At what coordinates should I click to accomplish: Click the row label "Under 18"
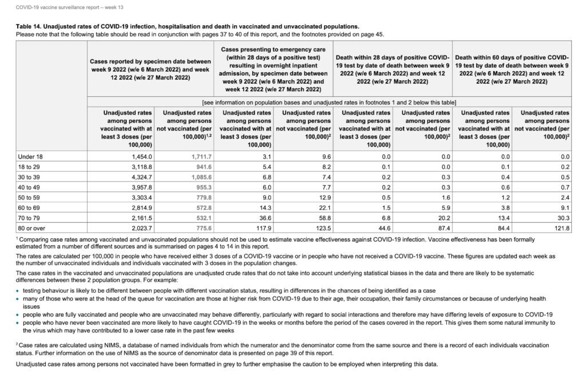click(x=30, y=156)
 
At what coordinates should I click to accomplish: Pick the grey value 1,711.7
click(x=201, y=156)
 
